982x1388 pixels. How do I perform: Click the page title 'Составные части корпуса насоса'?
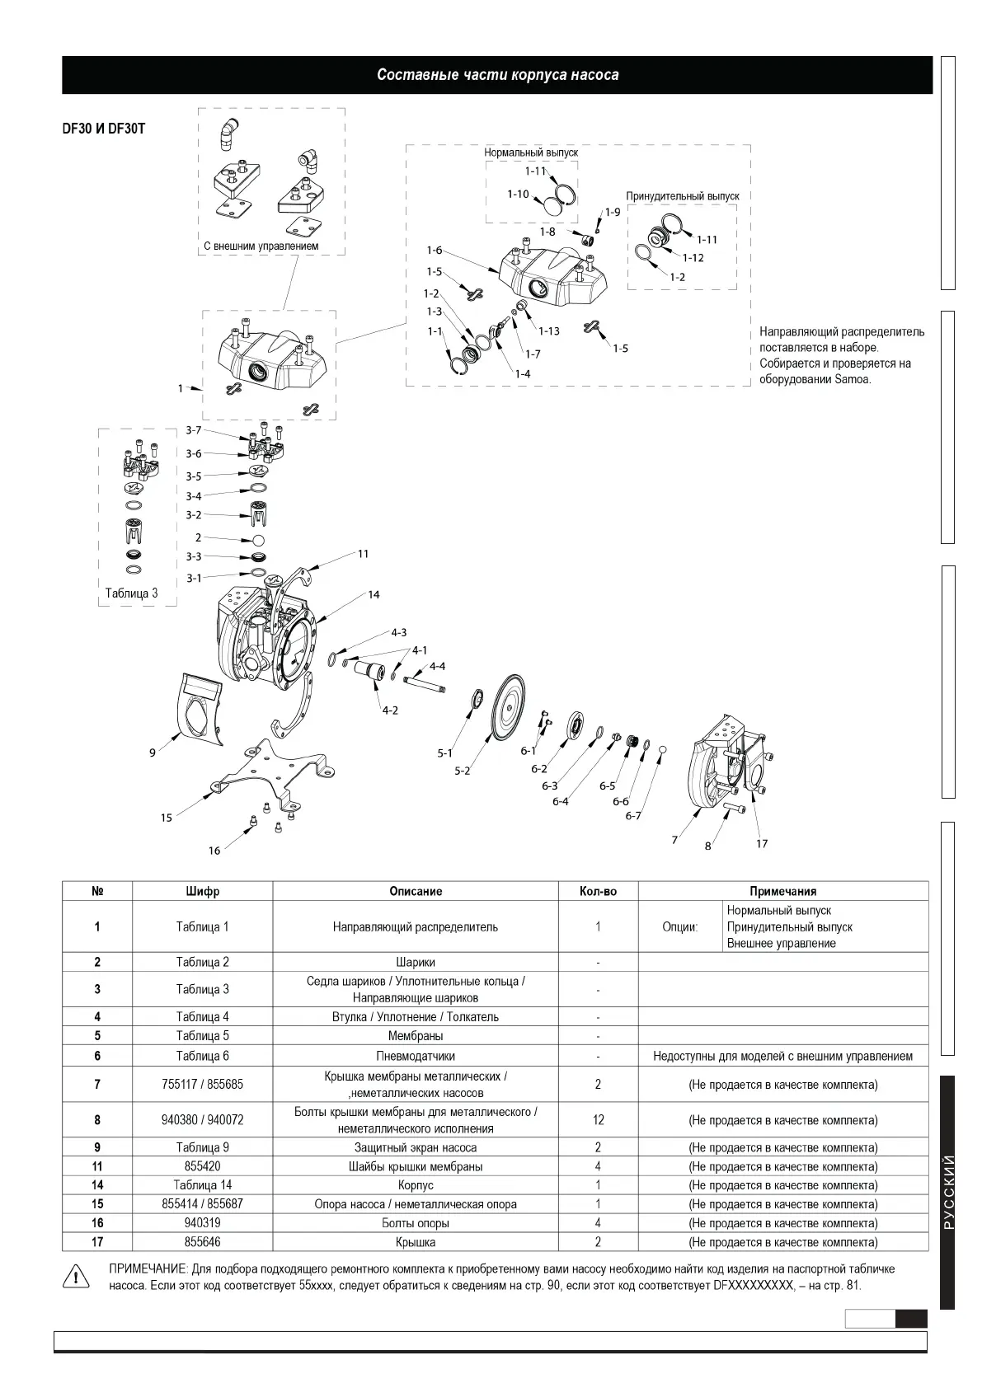tap(497, 75)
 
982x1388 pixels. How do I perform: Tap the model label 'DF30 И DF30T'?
tap(104, 129)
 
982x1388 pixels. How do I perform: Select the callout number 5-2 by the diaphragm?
tap(462, 771)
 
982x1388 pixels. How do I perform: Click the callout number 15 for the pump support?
tap(167, 818)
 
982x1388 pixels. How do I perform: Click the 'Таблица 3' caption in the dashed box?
tap(131, 593)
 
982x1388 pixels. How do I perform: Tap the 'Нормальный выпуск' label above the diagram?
tap(531, 152)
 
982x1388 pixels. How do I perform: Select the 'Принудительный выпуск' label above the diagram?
tap(682, 196)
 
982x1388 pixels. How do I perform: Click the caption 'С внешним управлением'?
tap(261, 246)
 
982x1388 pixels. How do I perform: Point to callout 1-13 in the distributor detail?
tap(548, 331)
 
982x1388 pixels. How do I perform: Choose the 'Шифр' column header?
tap(202, 891)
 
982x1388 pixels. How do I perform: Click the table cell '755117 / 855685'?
tap(202, 1085)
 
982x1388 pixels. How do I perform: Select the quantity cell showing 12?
tap(598, 1120)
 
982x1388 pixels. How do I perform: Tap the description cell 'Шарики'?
tap(416, 962)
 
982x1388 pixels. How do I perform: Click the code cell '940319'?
tap(202, 1223)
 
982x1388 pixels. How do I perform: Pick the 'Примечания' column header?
tap(782, 891)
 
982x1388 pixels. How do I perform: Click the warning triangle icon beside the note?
tap(75, 1275)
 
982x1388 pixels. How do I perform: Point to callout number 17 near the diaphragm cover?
tap(762, 844)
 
